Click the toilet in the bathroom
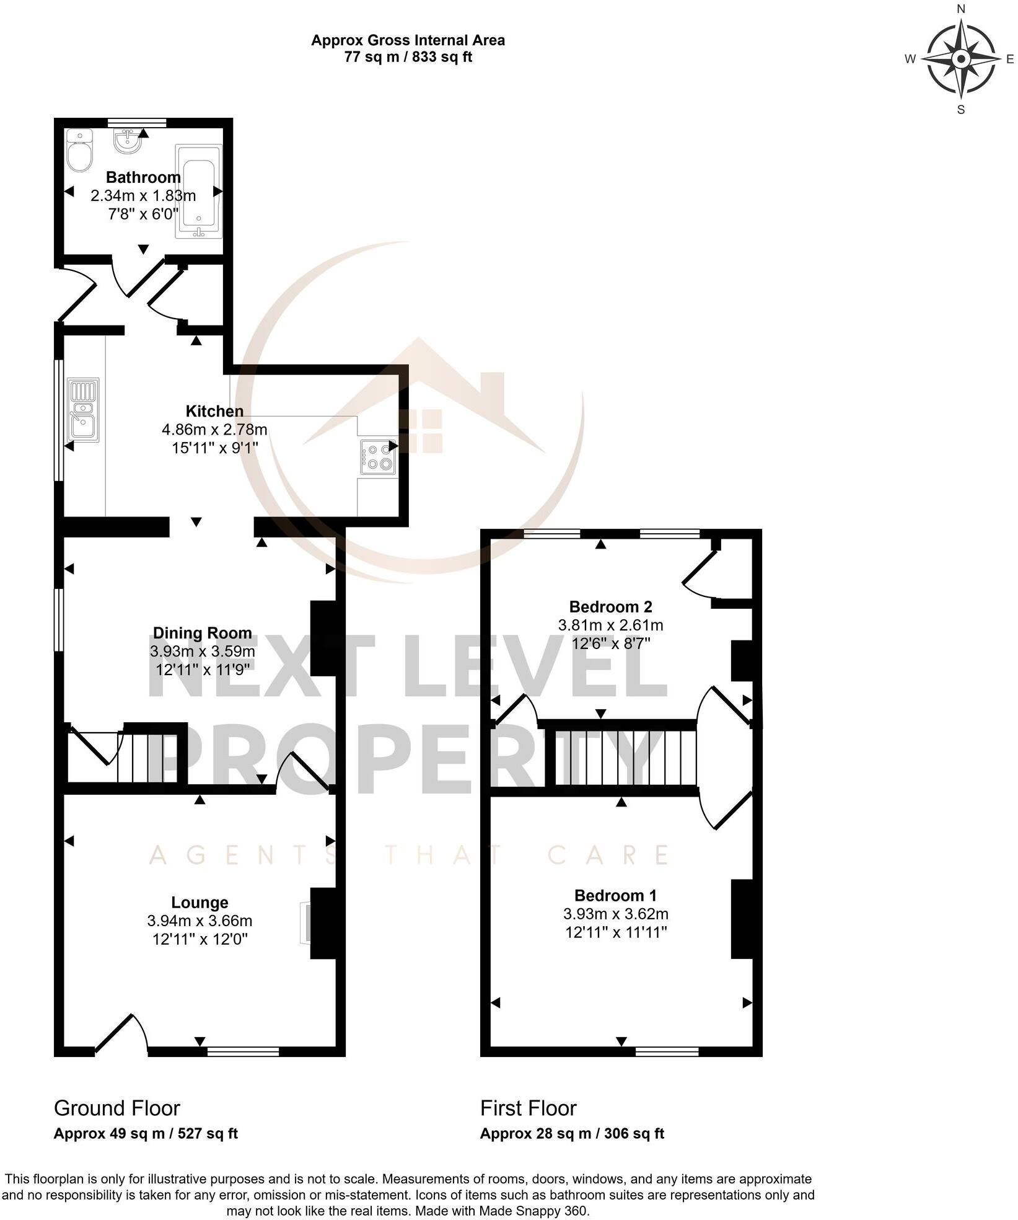pos(79,151)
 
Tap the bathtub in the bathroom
pos(198,190)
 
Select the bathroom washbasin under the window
pos(128,141)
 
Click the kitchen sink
pos(83,409)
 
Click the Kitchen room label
pos(214,411)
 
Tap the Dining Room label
pos(203,633)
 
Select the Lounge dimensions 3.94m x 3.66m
pos(200,921)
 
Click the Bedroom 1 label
pos(615,895)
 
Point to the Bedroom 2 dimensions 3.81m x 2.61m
pos(610,625)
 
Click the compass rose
pos(960,60)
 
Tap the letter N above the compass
pos(961,9)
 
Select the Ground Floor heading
pos(117,1108)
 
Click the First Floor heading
pos(528,1108)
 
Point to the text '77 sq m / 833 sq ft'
pos(408,57)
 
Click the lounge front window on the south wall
pos(243,1051)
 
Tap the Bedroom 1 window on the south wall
pos(667,1051)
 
